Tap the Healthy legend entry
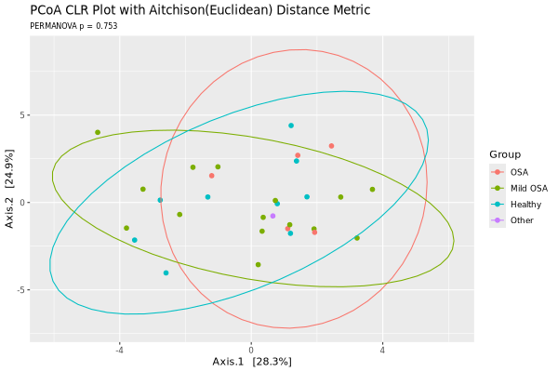[525, 204]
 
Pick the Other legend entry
[522, 220]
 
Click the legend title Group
[506, 154]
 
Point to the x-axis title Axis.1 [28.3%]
[252, 361]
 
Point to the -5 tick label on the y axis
[21, 290]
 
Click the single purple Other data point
[272, 216]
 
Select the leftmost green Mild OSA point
[98, 133]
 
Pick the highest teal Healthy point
[291, 126]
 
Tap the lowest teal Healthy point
[166, 273]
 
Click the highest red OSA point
[331, 146]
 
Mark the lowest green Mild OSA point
[258, 265]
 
